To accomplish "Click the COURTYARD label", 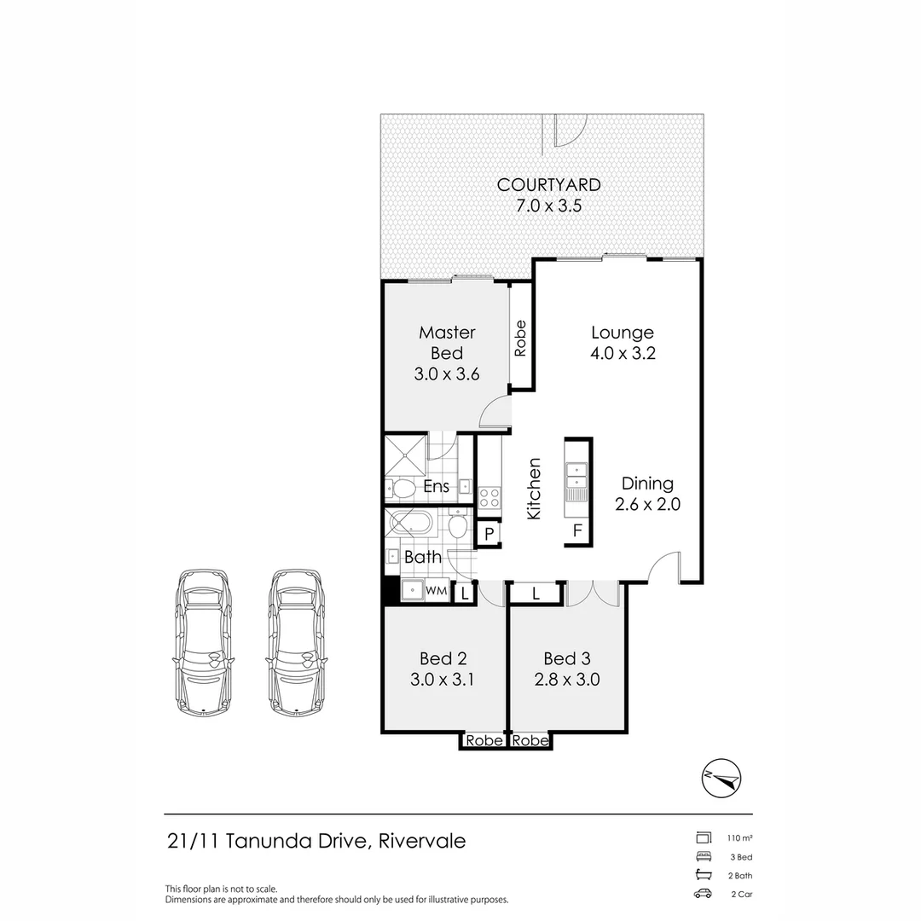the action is pos(548,184).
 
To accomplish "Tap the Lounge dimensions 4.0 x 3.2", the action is pos(623,353).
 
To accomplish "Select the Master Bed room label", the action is pos(447,343).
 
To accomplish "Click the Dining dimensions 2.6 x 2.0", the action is pos(647,504).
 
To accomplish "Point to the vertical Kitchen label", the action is pos(534,489).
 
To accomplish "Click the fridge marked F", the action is pos(577,530).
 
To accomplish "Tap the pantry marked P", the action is pos(489,534).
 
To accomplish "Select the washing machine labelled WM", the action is pos(436,590).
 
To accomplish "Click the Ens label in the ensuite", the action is pos(437,486).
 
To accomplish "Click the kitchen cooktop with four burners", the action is pos(489,498).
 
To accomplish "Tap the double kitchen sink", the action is pos(576,475).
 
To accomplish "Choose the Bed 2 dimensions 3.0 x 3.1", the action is pos(443,680).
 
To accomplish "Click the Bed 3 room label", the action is pos(567,658).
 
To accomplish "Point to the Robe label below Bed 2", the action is pos(484,741).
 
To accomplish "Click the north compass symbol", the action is pos(721,779).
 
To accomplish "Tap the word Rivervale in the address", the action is pos(422,841).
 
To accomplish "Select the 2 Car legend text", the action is pos(742,894).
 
